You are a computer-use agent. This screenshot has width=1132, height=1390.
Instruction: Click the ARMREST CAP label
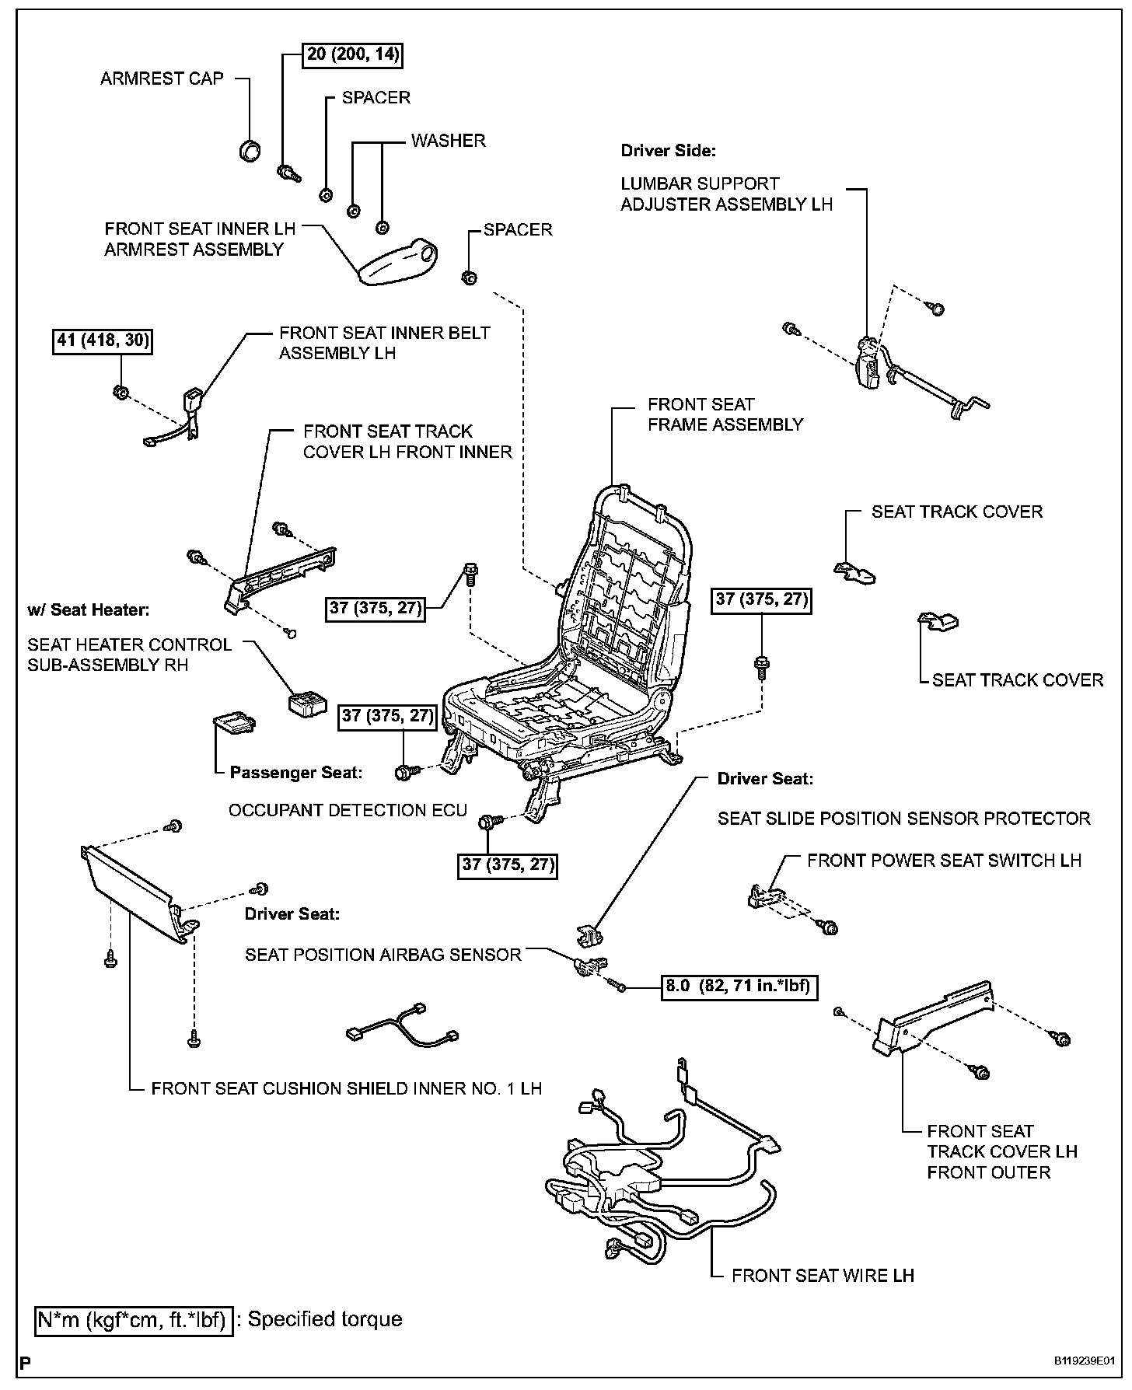point(162,79)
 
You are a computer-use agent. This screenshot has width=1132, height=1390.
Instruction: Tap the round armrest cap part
point(250,150)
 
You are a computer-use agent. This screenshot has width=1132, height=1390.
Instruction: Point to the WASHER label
point(448,141)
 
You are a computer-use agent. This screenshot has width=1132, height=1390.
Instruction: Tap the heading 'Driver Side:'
point(668,151)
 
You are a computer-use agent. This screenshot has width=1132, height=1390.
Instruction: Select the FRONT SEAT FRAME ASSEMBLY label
point(725,414)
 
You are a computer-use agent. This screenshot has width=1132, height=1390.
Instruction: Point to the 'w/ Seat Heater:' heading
point(88,609)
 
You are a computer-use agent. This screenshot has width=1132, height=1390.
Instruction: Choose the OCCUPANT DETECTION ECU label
point(348,810)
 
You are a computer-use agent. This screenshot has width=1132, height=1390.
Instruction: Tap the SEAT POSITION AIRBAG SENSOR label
point(383,955)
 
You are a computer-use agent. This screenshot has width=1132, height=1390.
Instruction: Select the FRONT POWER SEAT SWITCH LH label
point(944,861)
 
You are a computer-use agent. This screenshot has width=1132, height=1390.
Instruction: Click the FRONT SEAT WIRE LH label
point(823,1276)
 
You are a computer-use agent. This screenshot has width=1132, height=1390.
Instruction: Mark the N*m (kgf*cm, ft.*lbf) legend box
point(134,1319)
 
